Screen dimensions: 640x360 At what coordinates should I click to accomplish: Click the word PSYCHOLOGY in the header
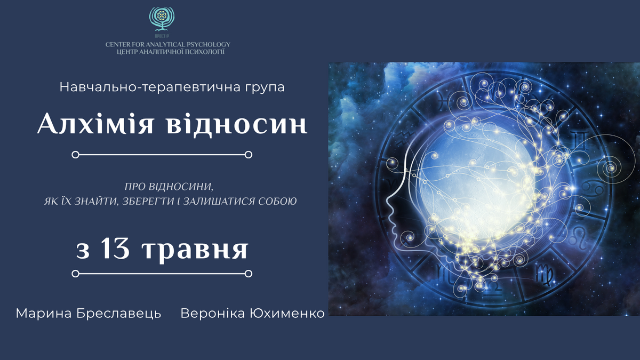(209, 45)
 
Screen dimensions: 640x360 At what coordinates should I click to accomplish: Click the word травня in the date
(195, 250)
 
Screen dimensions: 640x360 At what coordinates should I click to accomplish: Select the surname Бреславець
(119, 314)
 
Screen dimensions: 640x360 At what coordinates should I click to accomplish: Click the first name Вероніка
(213, 314)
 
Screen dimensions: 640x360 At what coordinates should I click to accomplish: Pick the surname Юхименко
(287, 314)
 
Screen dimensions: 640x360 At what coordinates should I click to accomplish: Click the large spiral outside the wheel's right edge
(611, 169)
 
